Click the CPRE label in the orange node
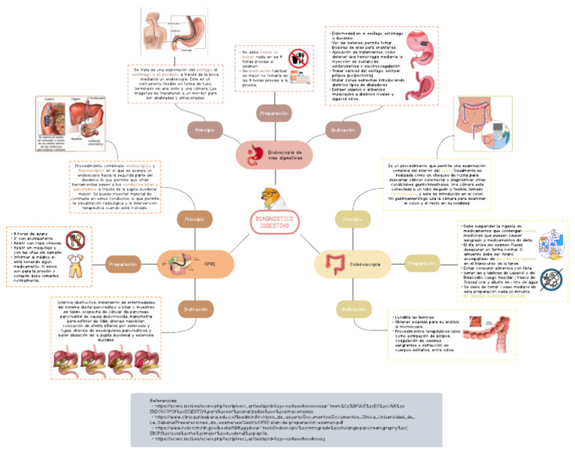[210, 264]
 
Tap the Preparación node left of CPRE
[124, 264]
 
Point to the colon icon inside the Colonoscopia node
[332, 264]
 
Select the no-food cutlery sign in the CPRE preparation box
[75, 240]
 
